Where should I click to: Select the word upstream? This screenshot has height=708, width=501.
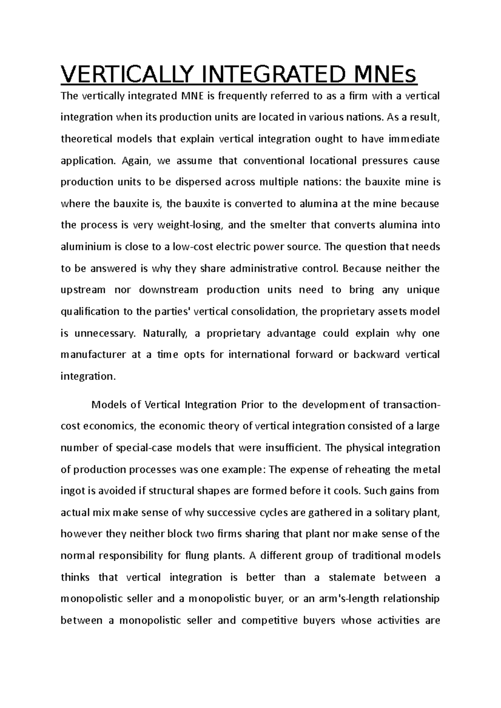(x=83, y=290)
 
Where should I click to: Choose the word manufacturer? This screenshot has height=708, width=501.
(x=93, y=355)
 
